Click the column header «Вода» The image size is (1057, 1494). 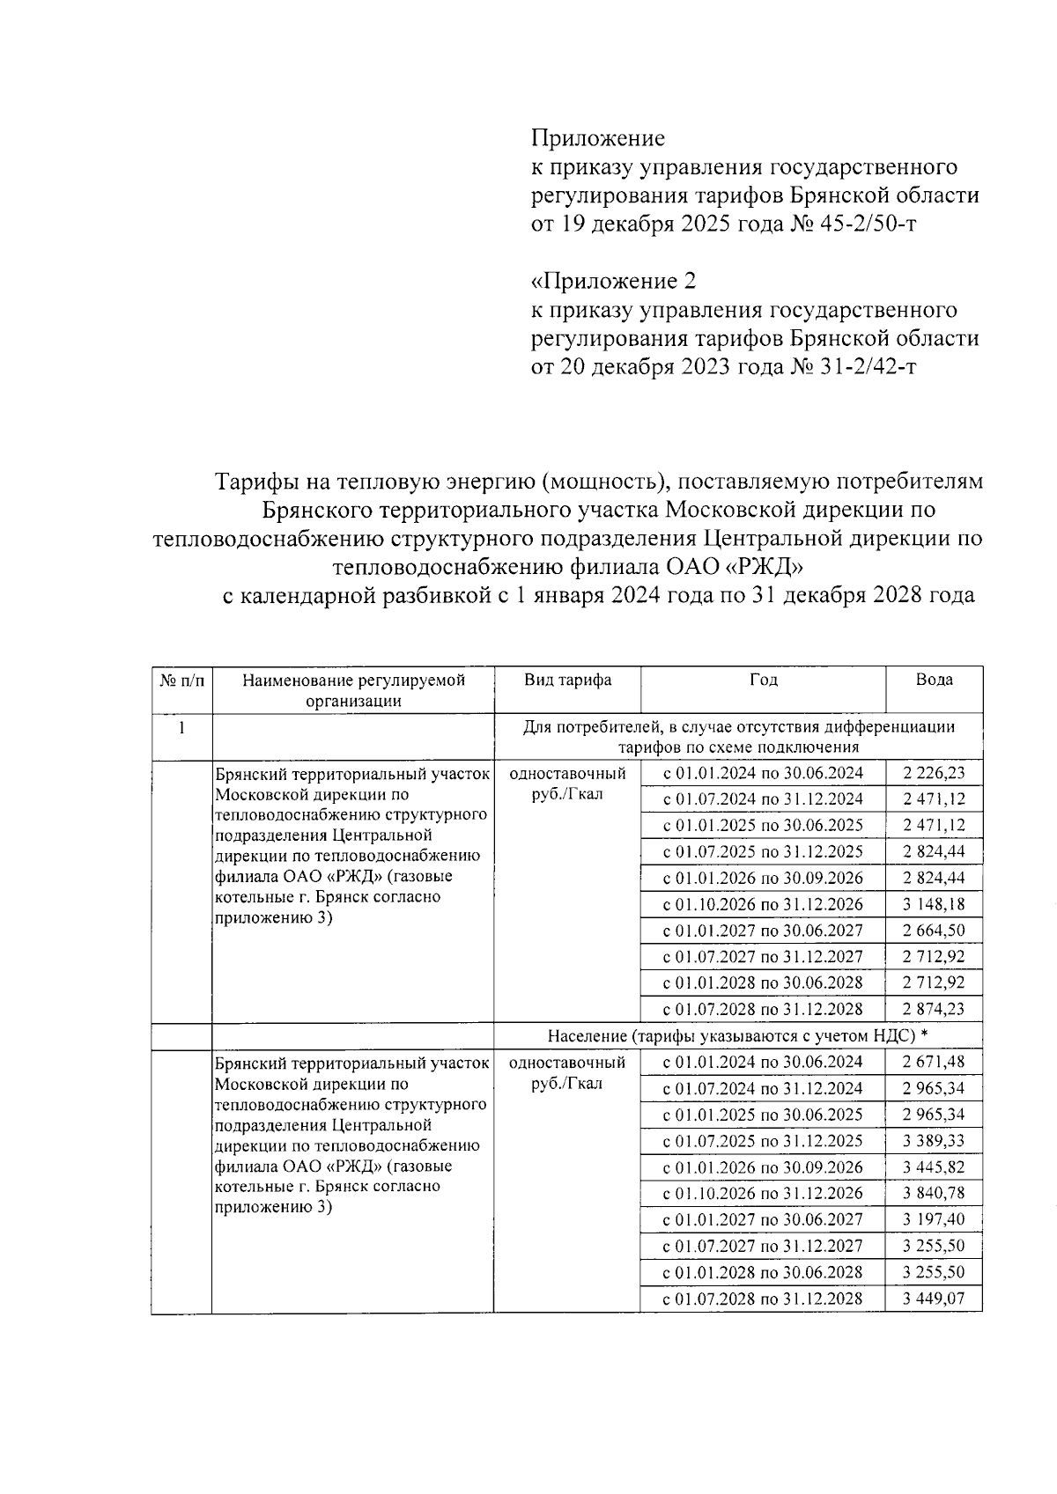tap(934, 681)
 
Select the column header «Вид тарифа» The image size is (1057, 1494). tap(567, 681)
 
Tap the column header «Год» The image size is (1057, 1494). tap(763, 681)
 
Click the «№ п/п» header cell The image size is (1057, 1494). tap(181, 681)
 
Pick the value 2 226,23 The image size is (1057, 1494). tap(934, 774)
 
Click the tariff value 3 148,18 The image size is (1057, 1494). tap(934, 905)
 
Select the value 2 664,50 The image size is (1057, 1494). tap(934, 931)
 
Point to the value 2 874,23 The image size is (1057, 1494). tap(934, 1010)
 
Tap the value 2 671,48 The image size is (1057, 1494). tap(934, 1063)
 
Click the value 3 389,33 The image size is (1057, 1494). tap(934, 1141)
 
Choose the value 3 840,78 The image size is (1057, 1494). tap(934, 1194)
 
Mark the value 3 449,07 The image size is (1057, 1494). tap(934, 1299)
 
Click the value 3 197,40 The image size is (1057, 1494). tap(934, 1220)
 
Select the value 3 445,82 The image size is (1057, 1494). tap(934, 1167)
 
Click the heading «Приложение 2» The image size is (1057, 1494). tap(613, 282)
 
